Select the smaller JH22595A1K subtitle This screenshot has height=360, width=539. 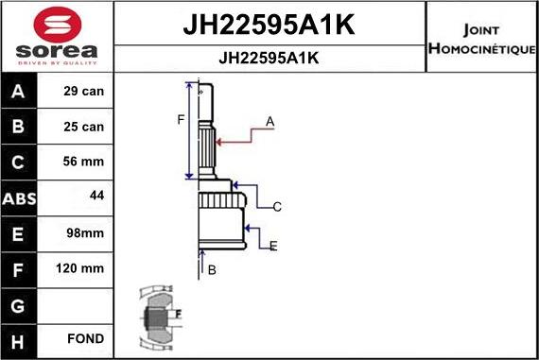tap(269, 57)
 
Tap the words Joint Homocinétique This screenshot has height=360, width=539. tap(481, 38)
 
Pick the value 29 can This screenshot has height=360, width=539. tap(84, 93)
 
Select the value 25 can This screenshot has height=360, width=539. tap(84, 127)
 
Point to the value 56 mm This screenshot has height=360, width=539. tap(84, 162)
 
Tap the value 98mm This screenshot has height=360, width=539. tap(84, 232)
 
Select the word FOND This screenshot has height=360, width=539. tap(85, 338)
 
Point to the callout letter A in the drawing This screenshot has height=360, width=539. tap(270, 121)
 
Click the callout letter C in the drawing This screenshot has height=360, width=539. tap(277, 207)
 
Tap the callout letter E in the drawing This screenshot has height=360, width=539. tap(272, 247)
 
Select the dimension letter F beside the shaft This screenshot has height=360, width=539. tap(181, 119)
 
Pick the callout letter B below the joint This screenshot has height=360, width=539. tap(212, 270)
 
